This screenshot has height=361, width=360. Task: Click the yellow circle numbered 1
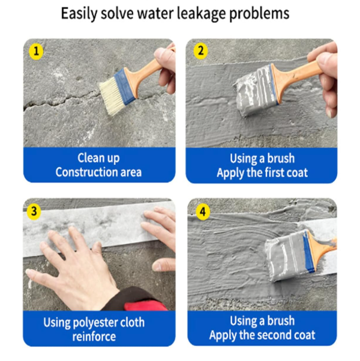point(36,51)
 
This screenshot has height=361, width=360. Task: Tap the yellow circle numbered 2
point(200,51)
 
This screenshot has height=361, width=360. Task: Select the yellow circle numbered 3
point(34,211)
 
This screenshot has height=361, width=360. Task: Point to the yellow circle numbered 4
point(203,211)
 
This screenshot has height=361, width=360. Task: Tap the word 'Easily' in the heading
point(79,14)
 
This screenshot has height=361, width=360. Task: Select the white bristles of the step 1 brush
point(110,96)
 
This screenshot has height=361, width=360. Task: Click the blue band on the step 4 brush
point(309,252)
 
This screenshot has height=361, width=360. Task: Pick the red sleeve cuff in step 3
point(145,305)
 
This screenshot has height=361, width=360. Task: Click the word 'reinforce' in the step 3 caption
point(94,336)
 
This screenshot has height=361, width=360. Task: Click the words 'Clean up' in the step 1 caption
point(98,158)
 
